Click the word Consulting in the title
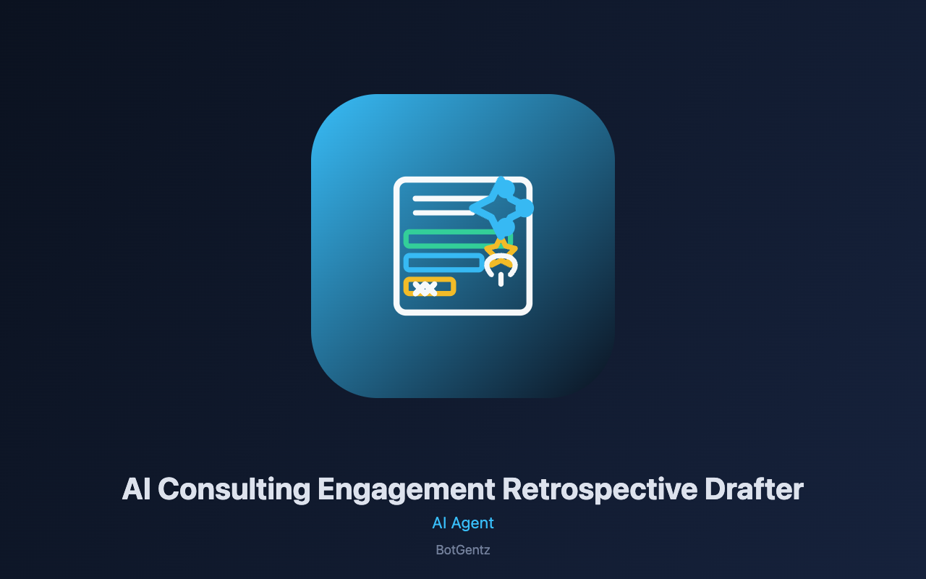[234, 490]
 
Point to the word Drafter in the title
[754, 489]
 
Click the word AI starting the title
[136, 489]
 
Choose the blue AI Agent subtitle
[463, 523]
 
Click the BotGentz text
[463, 550]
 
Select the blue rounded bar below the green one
[444, 263]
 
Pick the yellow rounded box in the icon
[430, 287]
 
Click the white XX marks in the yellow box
[425, 289]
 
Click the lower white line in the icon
[444, 213]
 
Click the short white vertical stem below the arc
[501, 279]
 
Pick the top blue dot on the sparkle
[506, 189]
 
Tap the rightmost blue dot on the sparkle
[525, 208]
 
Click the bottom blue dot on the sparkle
[505, 227]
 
